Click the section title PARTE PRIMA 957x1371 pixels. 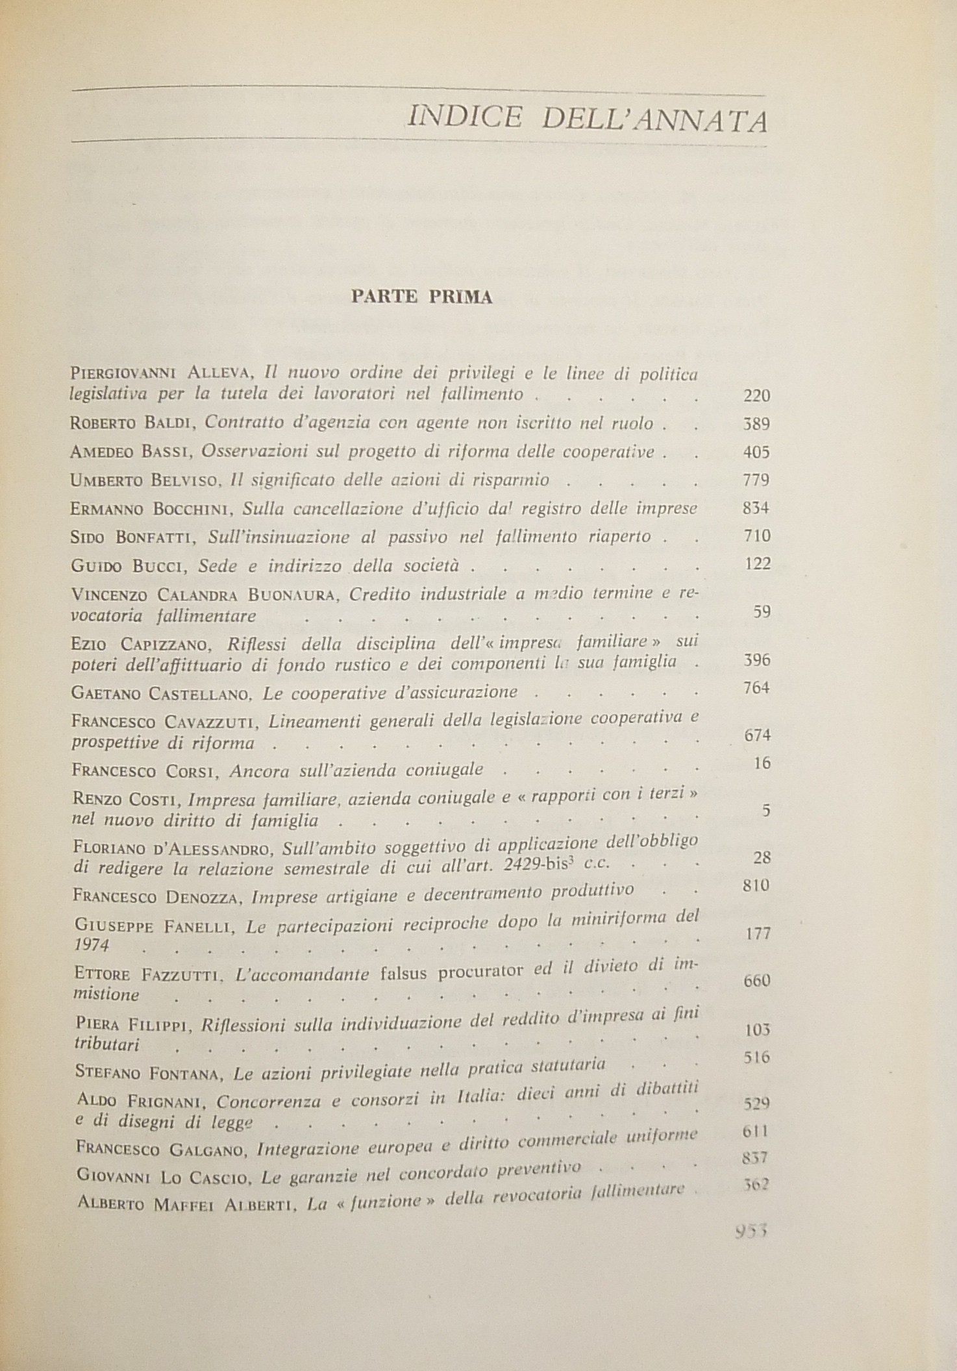(421, 297)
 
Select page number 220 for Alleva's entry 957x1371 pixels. (756, 395)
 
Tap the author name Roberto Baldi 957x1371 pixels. (134, 425)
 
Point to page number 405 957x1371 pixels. (756, 452)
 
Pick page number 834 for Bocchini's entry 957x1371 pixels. (756, 508)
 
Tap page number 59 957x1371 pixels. (761, 611)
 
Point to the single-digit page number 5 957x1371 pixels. (766, 811)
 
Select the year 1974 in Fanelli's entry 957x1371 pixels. (90, 945)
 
